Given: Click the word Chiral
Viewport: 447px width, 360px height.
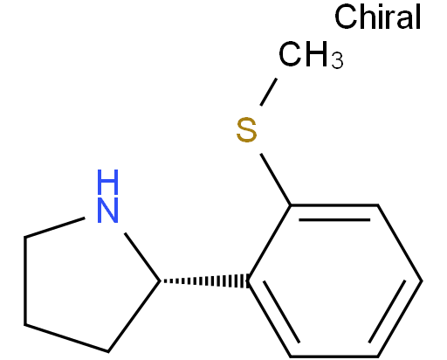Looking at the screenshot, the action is click(x=377, y=17).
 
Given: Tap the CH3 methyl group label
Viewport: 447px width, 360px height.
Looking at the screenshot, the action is click(x=311, y=55).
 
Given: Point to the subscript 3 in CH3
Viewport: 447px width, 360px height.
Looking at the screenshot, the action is click(x=337, y=60).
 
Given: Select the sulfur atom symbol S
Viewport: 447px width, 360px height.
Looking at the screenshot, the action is click(x=246, y=130).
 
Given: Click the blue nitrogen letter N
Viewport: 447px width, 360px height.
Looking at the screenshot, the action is click(x=108, y=211).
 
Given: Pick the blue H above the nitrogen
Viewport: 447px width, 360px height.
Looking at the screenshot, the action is click(x=108, y=182).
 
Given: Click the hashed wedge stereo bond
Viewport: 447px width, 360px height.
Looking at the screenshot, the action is click(x=204, y=281).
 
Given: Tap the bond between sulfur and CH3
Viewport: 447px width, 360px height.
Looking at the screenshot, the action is click(x=268, y=92).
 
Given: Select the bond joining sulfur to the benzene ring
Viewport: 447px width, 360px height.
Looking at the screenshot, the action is click(x=276, y=179).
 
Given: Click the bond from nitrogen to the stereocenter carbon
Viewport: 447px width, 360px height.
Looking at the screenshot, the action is click(x=142, y=257).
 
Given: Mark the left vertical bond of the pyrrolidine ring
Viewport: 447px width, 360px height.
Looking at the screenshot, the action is click(x=25, y=280).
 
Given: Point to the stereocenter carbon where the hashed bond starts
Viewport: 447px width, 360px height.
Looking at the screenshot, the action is click(x=161, y=281).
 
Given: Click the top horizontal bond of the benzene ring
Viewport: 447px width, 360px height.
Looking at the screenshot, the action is click(x=334, y=205).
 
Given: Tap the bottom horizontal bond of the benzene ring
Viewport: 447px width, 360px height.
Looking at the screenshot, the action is click(x=334, y=357).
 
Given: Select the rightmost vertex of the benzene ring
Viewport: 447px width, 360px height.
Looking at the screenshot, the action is click(x=422, y=280).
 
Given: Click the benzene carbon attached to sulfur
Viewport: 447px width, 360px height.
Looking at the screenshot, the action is click(x=291, y=205).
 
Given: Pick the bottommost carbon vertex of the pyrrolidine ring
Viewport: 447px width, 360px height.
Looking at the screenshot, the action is click(x=108, y=351).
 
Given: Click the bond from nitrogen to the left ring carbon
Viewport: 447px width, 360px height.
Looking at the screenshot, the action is click(x=55, y=227).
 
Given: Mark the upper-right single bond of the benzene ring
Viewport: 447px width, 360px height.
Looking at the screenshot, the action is click(x=400, y=243).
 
